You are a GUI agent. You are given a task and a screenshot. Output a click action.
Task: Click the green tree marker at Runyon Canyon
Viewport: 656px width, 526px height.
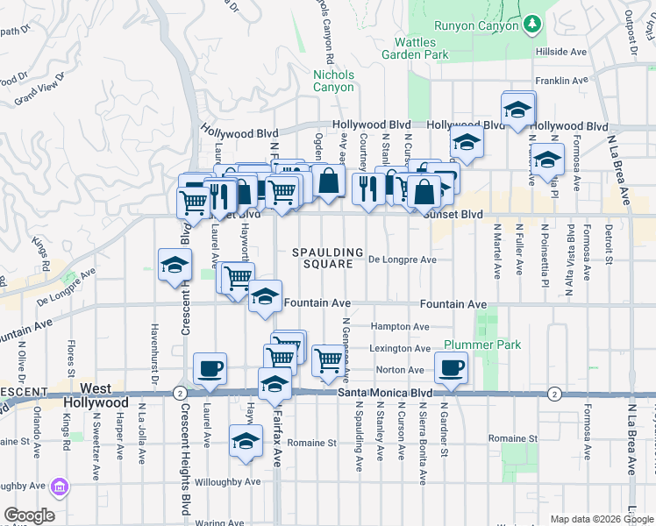coord(530,25)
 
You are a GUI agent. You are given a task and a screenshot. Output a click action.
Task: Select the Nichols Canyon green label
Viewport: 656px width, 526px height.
coord(334,81)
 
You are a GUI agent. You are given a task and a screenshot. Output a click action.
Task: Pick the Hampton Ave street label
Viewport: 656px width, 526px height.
coord(400,326)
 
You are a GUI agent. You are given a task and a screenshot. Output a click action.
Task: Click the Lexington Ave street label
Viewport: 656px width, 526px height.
coord(400,348)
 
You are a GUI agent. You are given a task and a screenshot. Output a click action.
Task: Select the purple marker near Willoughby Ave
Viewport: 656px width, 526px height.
coord(60,487)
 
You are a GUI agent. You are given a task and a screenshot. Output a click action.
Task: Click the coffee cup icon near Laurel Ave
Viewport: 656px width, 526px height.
coord(210,368)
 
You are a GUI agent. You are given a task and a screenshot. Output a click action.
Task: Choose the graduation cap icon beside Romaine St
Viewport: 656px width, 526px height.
coord(246,440)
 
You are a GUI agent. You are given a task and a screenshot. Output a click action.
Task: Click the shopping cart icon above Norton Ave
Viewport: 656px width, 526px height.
coord(328,359)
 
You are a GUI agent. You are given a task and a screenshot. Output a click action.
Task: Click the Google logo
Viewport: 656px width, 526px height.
coord(29,515)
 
